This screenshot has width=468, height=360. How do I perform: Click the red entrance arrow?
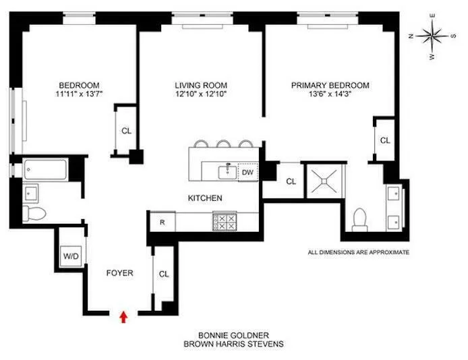123,316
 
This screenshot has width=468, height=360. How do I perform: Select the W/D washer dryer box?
70,256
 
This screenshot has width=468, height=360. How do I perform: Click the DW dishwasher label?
247,172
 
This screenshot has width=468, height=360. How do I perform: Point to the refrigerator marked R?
163,221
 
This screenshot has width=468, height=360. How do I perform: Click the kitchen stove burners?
225,222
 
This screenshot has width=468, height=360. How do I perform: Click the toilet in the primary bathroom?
359,218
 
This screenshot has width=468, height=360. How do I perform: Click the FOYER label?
119,273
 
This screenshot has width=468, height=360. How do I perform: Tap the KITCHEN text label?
205,198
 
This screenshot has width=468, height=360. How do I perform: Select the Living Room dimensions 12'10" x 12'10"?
200,94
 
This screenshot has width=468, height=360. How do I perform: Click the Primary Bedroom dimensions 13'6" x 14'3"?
330,94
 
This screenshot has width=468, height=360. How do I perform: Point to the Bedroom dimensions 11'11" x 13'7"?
80,94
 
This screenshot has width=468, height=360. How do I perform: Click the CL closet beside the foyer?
164,274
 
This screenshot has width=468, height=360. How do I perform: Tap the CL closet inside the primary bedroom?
384,141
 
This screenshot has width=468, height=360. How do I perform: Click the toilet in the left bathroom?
33,214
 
